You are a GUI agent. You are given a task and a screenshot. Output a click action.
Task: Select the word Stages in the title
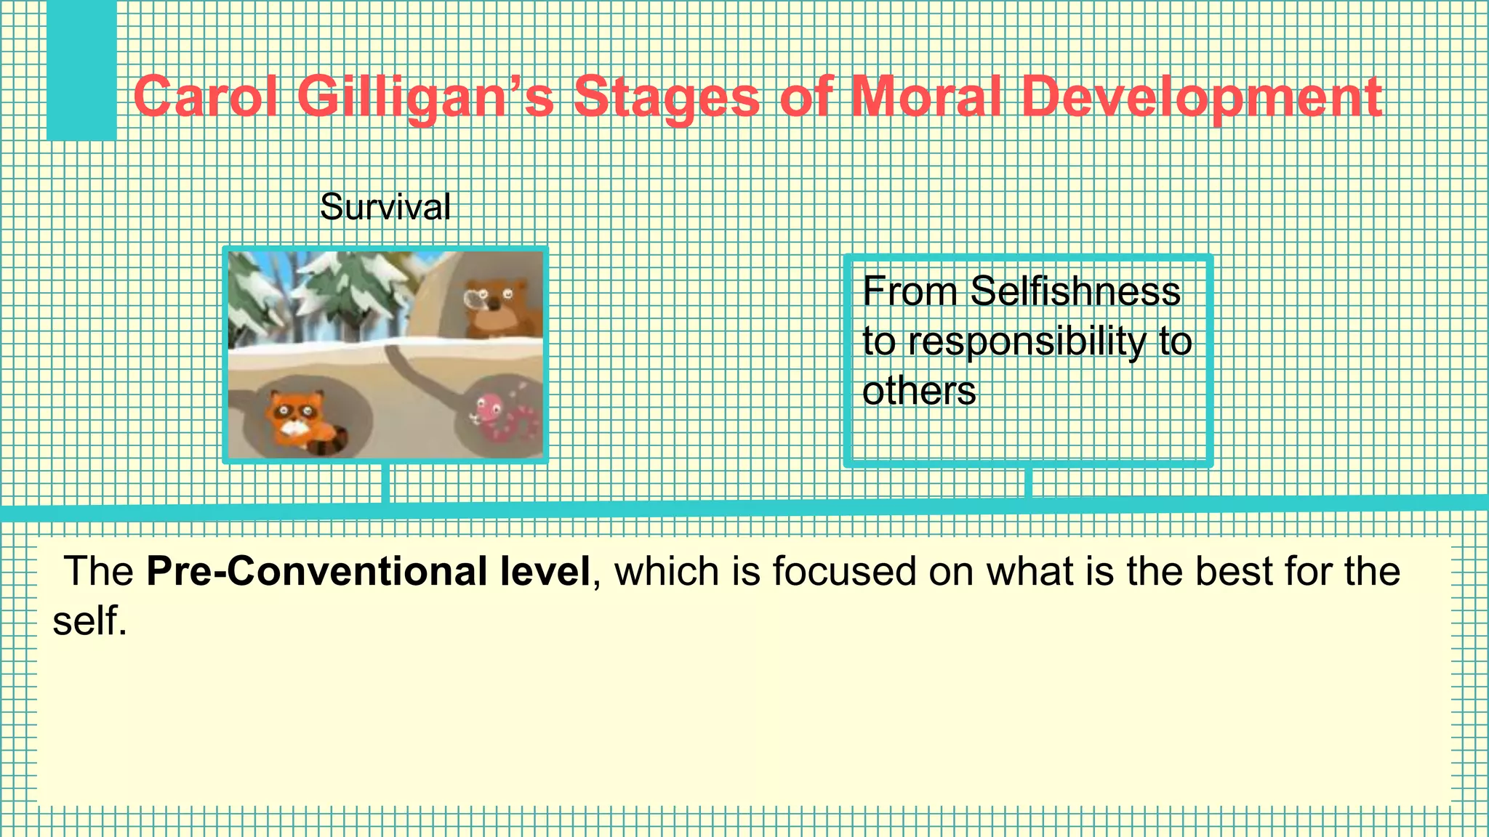pos(666,97)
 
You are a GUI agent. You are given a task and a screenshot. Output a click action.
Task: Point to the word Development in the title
pos(1201,97)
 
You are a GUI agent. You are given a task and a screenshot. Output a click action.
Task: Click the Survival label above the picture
pos(385,207)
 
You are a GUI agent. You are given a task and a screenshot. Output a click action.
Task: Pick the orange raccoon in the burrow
pos(294,419)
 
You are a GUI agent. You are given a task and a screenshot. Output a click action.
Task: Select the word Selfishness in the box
pos(1075,292)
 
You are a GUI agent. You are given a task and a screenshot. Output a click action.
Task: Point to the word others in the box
pos(919,391)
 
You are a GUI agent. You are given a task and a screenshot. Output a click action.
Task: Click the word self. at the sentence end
pos(89,621)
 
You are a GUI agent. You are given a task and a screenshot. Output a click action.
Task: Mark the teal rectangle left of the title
pos(81,70)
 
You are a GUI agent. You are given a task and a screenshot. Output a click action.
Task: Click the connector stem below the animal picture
pos(385,482)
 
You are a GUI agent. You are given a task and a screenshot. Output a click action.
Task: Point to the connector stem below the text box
pos(1028,482)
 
